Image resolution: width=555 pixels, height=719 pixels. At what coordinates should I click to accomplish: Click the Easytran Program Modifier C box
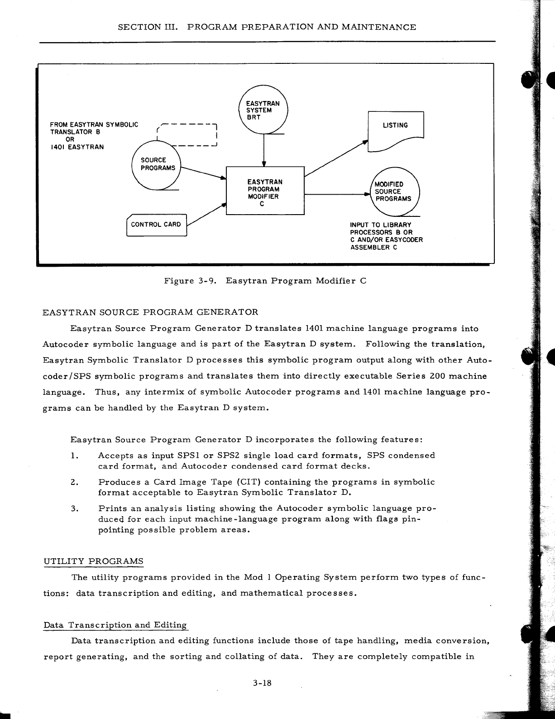(265, 190)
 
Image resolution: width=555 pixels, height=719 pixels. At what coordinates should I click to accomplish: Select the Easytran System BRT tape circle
(263, 109)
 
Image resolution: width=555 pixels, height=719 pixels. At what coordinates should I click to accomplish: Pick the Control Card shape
(156, 225)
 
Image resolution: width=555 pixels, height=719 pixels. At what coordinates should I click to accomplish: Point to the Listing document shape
(396, 131)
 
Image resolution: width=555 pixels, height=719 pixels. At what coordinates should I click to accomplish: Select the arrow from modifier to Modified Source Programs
(337, 194)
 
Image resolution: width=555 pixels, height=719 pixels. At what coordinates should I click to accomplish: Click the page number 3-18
(262, 683)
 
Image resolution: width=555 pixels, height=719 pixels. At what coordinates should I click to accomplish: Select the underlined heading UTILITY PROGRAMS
(93, 561)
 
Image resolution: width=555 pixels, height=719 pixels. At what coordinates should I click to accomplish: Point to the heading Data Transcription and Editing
(115, 625)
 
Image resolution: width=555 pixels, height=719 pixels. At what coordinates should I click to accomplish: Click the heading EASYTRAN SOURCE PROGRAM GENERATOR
(150, 312)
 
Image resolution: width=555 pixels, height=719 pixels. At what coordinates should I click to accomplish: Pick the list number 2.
(75, 482)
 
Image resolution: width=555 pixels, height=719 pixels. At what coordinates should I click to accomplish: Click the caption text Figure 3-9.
(189, 281)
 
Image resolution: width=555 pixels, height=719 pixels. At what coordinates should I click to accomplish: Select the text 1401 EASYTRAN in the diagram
(77, 147)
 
